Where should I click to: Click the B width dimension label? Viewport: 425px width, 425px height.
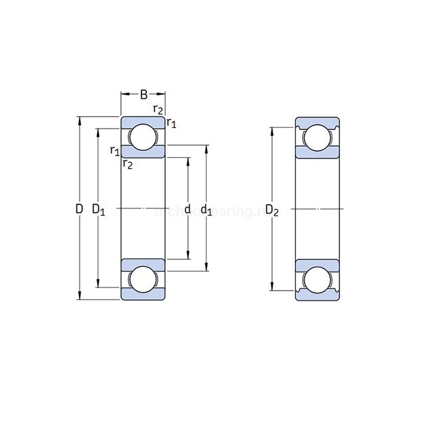(x=143, y=94)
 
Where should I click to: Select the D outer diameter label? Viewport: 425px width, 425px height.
(x=79, y=209)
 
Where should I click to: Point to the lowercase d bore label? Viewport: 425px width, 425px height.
(x=187, y=209)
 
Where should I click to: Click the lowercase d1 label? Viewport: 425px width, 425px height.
(x=206, y=210)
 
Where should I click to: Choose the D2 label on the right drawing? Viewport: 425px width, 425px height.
(x=273, y=211)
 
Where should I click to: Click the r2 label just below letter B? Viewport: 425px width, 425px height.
(x=158, y=110)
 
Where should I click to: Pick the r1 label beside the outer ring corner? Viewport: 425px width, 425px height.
(x=171, y=123)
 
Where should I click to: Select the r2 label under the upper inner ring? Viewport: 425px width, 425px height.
(x=127, y=163)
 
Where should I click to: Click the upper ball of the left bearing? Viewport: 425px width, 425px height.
(x=143, y=137)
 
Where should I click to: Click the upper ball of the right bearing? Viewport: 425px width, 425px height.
(x=318, y=137)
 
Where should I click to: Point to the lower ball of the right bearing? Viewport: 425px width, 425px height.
(x=318, y=278)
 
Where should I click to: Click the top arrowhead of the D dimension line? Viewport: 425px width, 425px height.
(x=79, y=120)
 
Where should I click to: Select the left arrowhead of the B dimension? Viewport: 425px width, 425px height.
(x=124, y=94)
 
